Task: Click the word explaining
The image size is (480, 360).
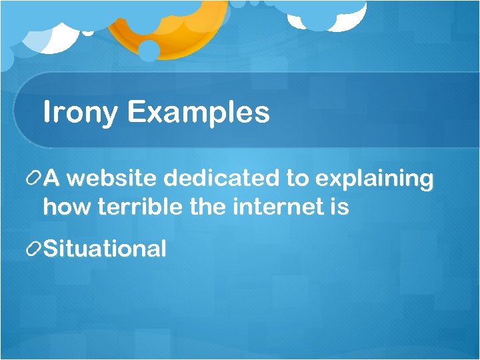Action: [x=373, y=179]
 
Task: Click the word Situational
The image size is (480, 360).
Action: [x=105, y=249]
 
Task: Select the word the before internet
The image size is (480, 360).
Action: [x=208, y=207]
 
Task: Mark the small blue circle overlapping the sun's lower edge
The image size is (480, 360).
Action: [x=149, y=51]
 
